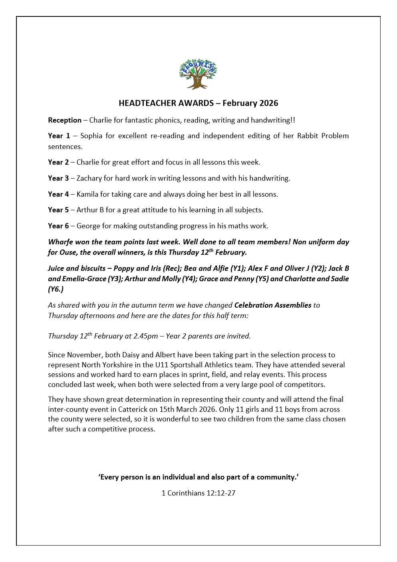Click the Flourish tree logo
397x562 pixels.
[x=198, y=74]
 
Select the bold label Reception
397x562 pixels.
[x=64, y=120]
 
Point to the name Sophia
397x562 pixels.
[x=91, y=136]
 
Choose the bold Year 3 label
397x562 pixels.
[x=58, y=178]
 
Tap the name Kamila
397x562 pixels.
[x=87, y=194]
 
